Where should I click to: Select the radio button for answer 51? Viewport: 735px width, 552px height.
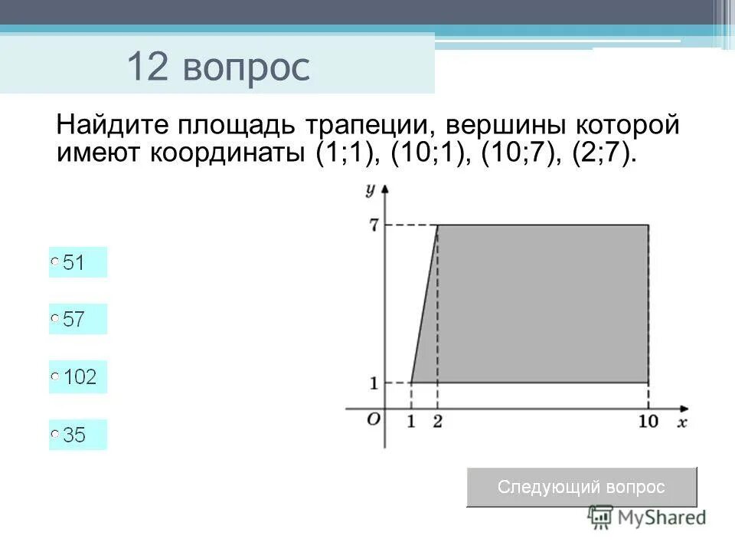click(55, 262)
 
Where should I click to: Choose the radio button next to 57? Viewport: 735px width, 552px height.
click(55, 318)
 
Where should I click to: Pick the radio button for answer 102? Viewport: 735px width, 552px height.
click(55, 376)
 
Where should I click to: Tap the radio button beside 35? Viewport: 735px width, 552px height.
click(55, 434)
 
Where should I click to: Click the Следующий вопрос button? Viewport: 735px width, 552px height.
click(582, 487)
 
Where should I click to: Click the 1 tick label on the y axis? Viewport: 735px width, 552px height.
click(374, 383)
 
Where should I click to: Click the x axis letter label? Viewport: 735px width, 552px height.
click(681, 422)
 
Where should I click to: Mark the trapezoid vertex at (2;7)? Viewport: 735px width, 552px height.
click(437, 225)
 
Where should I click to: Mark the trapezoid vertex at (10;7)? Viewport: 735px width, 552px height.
click(648, 225)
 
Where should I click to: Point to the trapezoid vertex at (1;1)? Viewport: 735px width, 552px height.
click(411, 382)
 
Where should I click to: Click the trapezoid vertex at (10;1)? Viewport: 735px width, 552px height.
click(648, 382)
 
